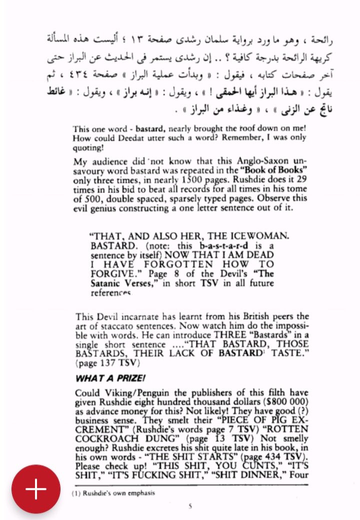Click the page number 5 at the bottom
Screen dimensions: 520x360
click(x=190, y=506)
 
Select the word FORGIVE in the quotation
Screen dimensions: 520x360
click(x=112, y=273)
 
